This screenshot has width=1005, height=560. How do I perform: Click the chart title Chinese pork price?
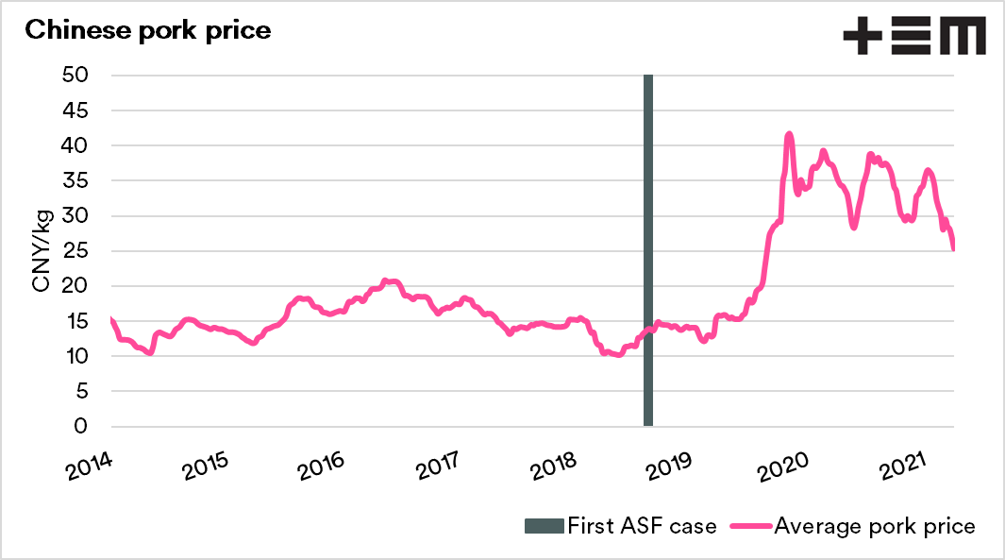pyautogui.click(x=148, y=29)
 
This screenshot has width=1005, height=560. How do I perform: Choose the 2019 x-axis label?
pyautogui.click(x=671, y=465)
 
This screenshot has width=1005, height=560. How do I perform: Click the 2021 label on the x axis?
pyautogui.click(x=900, y=465)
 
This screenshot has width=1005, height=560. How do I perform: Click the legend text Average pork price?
pyautogui.click(x=875, y=525)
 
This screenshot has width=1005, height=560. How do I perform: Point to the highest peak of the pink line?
pyautogui.click(x=789, y=135)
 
